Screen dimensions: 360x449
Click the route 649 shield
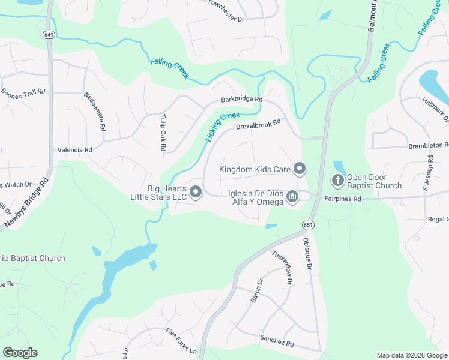point(49,35)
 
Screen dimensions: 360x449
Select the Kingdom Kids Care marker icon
point(300,169)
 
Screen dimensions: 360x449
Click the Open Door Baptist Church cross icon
point(338,180)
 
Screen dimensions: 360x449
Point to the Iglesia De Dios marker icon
point(292,196)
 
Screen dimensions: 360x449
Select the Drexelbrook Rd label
point(258,124)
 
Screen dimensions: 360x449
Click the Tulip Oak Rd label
point(162,133)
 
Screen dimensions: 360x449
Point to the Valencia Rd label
point(74,149)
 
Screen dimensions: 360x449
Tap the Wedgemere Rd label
point(95,111)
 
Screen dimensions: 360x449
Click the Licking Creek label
point(222,126)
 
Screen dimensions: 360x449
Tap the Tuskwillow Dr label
point(282,267)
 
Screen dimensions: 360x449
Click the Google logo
point(20,352)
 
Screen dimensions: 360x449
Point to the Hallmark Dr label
point(435,110)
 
